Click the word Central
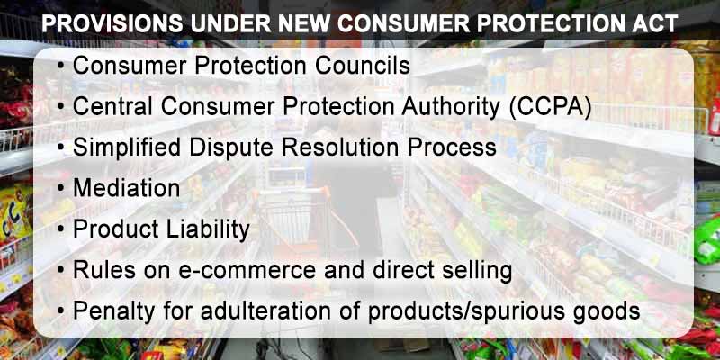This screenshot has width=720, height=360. pyautogui.click(x=112, y=107)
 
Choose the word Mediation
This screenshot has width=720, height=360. pyautogui.click(x=126, y=189)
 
